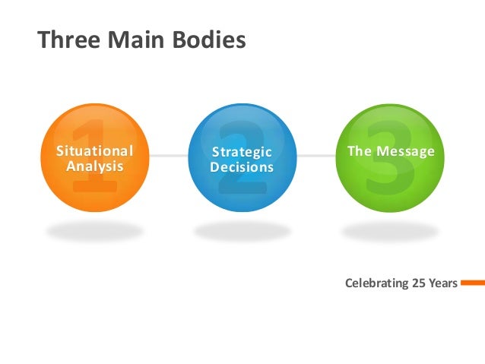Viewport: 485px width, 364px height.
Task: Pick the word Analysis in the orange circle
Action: click(94, 165)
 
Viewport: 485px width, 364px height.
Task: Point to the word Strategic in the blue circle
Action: click(241, 152)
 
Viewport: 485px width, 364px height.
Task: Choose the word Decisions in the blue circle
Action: click(241, 167)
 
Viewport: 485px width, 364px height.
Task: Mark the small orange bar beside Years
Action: click(472, 283)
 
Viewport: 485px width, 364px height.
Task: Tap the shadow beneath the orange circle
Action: click(93, 229)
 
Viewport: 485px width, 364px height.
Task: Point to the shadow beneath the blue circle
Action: click(241, 229)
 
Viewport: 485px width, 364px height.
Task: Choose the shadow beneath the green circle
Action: click(389, 229)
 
